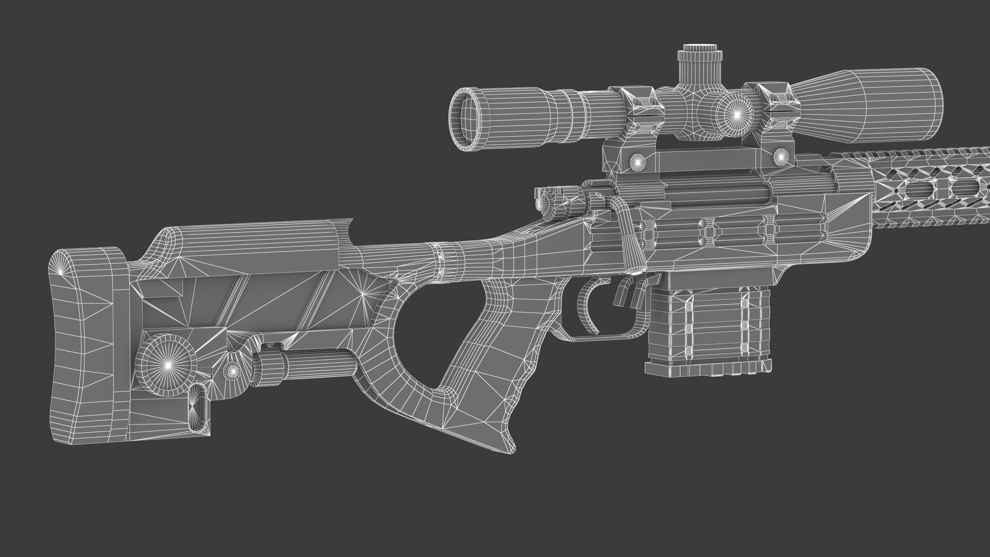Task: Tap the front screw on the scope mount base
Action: coord(780,156)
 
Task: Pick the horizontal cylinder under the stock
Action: coord(307,365)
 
